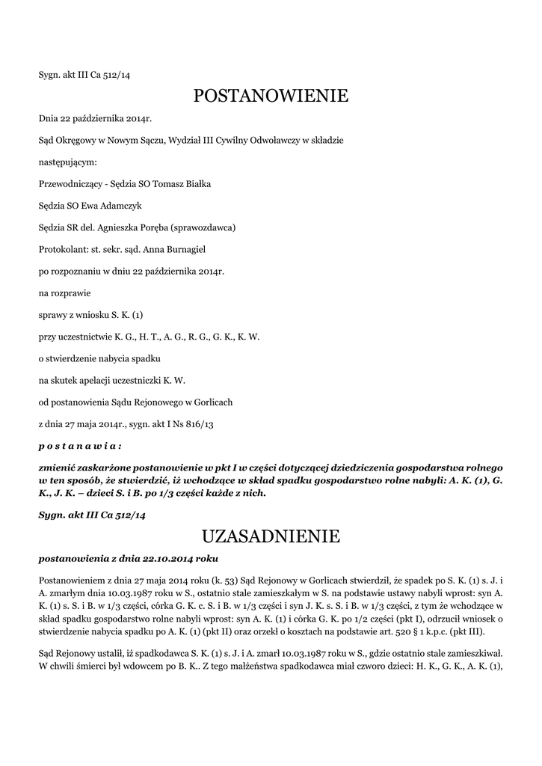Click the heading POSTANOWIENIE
pyautogui.click(x=271, y=96)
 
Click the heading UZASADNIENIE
pyautogui.click(x=271, y=536)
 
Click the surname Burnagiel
pyautogui.click(x=172, y=249)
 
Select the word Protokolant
pyautogui.click(x=62, y=249)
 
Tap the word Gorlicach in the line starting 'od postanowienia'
pyautogui.click(x=212, y=402)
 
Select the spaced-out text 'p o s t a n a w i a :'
pyautogui.click(x=79, y=446)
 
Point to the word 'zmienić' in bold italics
pyautogui.click(x=56, y=465)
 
